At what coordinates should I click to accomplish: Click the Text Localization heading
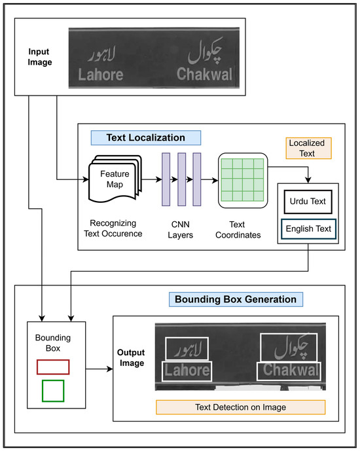pos(146,137)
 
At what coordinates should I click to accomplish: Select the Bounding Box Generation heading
pos(236,299)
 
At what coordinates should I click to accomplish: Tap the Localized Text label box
pos(308,148)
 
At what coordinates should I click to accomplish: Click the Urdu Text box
pos(308,202)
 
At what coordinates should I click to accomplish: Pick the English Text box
pos(308,229)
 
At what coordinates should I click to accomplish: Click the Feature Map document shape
pos(115,179)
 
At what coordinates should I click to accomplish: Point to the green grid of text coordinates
pos(243,180)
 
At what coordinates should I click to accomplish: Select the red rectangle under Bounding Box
pos(53,367)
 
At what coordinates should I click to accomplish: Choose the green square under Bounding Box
pos(53,391)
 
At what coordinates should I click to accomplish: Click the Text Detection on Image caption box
pos(241,407)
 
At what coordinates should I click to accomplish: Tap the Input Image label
pos(40,57)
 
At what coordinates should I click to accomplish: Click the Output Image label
pos(131,358)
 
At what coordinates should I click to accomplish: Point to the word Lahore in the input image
pos(101,75)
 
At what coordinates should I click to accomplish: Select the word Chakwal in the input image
pos(204,74)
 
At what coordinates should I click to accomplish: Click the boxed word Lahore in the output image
pos(187,371)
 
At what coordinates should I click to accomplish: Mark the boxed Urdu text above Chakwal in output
pos(289,348)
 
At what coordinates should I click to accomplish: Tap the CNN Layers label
pos(180,230)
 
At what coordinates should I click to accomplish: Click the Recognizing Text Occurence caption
pos(113,228)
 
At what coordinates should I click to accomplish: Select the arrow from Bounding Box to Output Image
pos(99,369)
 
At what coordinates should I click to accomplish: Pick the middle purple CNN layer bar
pos(182,179)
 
